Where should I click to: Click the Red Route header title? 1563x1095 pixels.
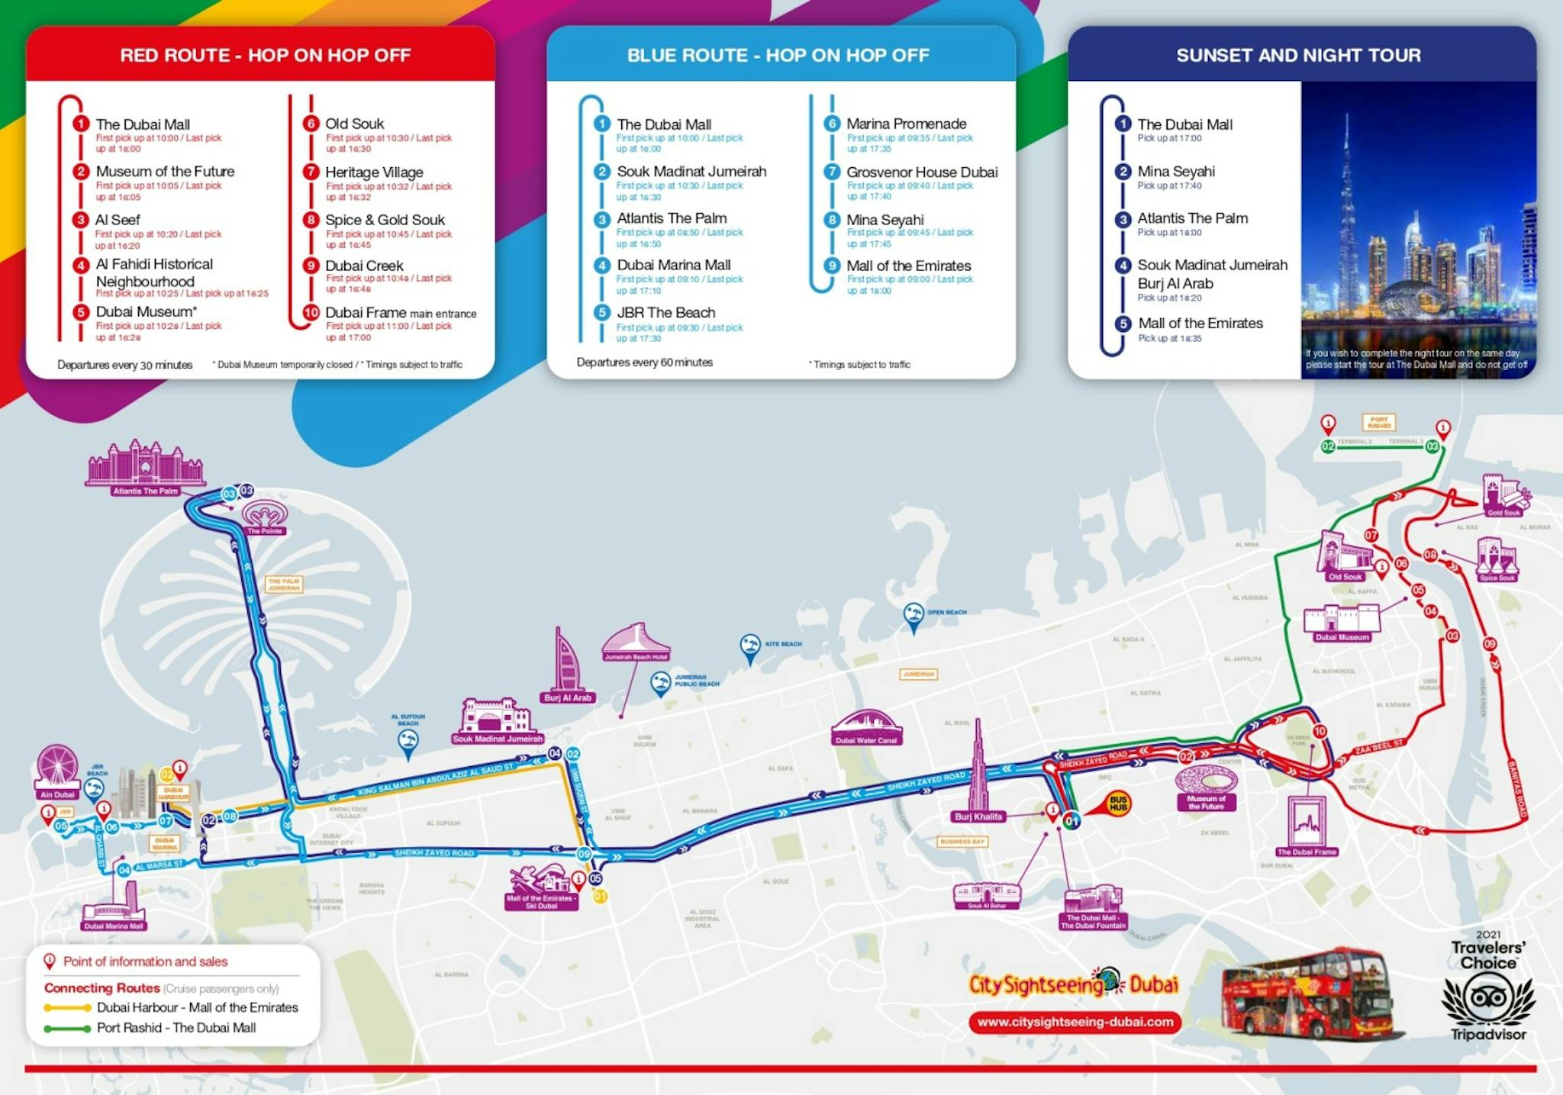tap(265, 55)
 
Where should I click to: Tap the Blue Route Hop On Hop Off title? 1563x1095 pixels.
tap(778, 55)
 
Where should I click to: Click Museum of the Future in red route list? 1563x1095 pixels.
tap(165, 172)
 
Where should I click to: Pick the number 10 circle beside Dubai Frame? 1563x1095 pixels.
tap(311, 312)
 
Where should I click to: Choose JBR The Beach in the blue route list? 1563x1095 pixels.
tap(665, 313)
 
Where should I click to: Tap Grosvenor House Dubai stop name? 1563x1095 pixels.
tap(921, 172)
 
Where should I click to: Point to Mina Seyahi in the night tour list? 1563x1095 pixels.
tap(1175, 172)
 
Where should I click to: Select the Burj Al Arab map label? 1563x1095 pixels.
tap(567, 697)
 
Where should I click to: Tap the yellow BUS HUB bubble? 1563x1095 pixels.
tap(1118, 803)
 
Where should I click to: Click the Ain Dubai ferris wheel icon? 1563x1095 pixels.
tap(57, 766)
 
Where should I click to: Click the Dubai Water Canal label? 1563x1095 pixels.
tap(866, 740)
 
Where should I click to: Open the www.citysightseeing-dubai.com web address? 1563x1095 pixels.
tap(1075, 1022)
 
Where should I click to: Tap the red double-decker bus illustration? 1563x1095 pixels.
tap(1307, 994)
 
